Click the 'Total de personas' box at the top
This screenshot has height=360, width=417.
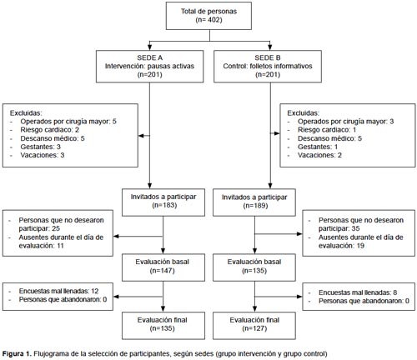208,16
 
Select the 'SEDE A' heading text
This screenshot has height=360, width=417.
149,57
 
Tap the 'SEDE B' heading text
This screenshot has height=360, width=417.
268,57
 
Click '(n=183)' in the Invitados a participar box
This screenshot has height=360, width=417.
164,205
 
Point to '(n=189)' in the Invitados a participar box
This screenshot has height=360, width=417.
255,206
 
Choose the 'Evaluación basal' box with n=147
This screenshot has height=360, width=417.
163,267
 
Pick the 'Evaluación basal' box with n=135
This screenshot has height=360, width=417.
254,267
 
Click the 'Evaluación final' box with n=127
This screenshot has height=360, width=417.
254,326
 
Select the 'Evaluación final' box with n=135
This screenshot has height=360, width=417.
163,326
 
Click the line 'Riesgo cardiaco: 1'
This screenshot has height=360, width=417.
327,130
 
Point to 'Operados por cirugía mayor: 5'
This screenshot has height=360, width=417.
68,122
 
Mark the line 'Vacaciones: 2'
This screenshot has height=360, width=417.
319,155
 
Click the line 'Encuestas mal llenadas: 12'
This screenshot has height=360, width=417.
58,291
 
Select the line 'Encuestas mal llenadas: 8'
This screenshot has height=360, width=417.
358,292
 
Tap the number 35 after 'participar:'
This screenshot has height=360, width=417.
355,228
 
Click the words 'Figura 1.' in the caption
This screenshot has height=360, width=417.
17,354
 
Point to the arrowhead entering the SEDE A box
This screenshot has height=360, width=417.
149,46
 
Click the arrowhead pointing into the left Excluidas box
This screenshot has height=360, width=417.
141,136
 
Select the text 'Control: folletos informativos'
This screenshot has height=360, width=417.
268,66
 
